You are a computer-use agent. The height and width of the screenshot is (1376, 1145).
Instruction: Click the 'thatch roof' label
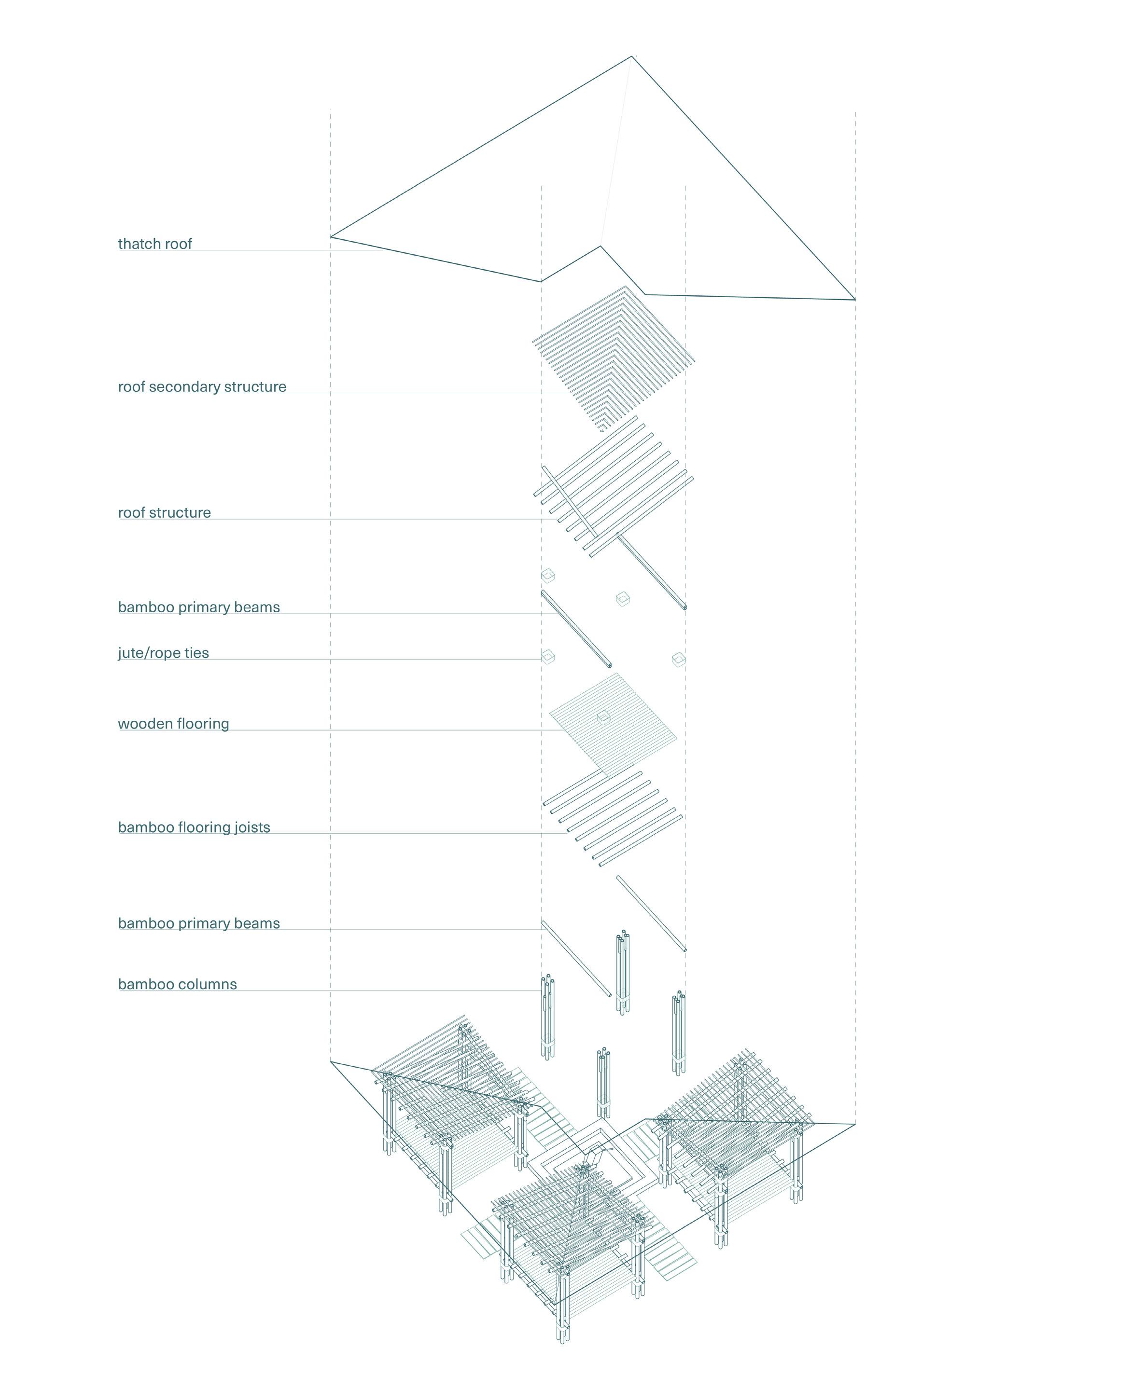[x=154, y=244]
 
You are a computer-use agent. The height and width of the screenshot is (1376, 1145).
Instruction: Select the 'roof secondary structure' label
[x=202, y=386]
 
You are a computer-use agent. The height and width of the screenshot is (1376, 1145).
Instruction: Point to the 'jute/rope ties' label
[x=163, y=653]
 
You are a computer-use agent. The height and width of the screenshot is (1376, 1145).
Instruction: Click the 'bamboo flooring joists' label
[x=194, y=827]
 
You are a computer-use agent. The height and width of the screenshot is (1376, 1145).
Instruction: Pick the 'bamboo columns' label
[x=178, y=984]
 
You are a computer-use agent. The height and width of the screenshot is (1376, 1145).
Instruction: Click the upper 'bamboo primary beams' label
[x=198, y=607]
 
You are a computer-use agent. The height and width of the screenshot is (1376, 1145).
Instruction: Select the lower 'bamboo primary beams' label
[x=198, y=923]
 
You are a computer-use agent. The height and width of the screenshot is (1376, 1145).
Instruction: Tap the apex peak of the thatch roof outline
[x=632, y=57]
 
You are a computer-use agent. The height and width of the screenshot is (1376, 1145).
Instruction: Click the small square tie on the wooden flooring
[x=603, y=717]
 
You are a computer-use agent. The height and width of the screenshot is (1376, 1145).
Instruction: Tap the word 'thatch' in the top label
[x=136, y=244]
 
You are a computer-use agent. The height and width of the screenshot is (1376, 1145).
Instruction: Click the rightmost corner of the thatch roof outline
[x=855, y=300]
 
